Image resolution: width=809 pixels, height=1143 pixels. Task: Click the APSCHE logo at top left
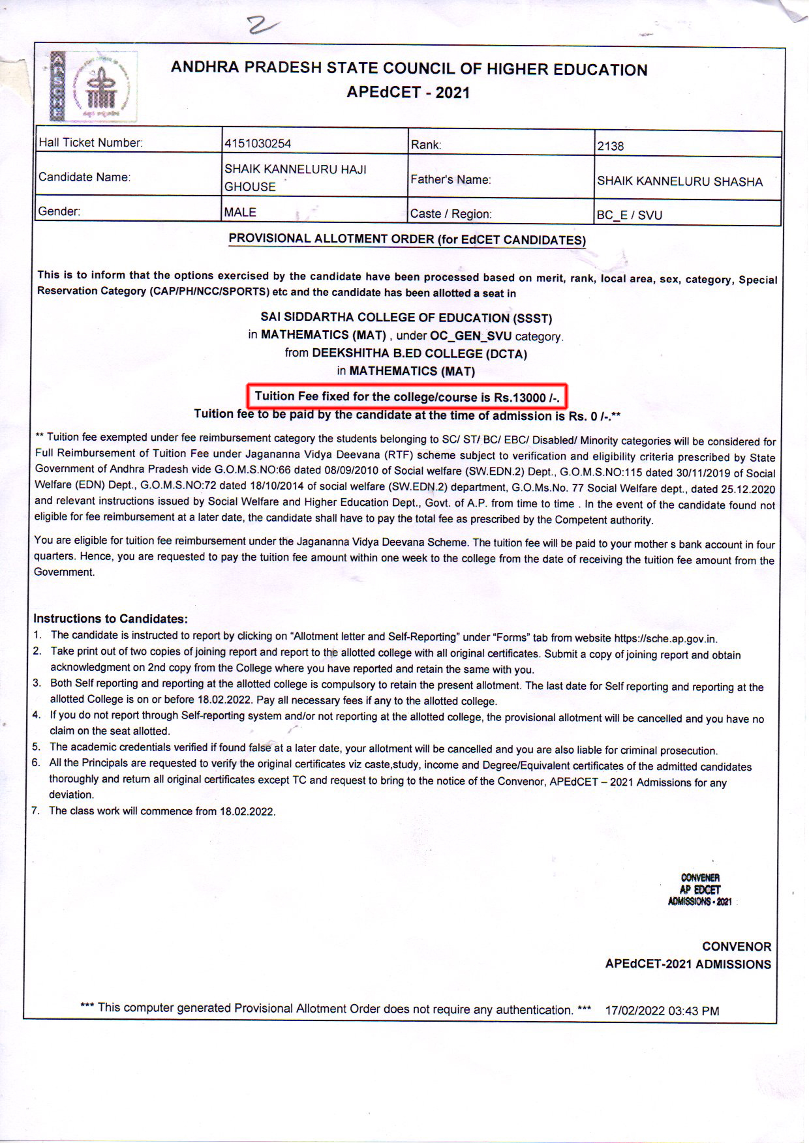coord(93,87)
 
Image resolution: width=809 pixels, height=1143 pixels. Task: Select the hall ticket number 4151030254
coord(258,143)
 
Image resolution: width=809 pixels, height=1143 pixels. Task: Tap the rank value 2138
coord(611,146)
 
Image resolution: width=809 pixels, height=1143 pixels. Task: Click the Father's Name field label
coord(450,180)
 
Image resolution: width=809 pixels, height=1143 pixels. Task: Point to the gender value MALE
coord(240,213)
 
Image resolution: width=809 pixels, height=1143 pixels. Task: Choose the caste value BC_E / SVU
coord(629,215)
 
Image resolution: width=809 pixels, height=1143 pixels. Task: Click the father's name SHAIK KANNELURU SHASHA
coord(679,181)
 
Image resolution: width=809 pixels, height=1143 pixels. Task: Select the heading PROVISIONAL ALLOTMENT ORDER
coord(407,239)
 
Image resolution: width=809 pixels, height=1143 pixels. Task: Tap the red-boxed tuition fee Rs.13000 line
coord(407,396)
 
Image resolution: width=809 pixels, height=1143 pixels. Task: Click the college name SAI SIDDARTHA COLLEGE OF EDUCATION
coord(406,318)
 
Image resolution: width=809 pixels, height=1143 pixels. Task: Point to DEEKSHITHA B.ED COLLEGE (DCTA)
coord(419,353)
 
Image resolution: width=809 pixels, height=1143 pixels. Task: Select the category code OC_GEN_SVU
coord(470,336)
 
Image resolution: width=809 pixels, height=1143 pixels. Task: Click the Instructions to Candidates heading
coord(110,619)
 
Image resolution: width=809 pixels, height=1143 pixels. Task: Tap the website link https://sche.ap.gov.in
coord(665,638)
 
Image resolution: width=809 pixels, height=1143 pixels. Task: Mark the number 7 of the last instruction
coord(35,810)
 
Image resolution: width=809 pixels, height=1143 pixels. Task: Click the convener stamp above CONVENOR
coord(699,889)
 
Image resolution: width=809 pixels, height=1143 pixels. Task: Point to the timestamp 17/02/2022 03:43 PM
coord(662,1011)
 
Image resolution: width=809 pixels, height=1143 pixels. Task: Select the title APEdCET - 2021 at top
coord(408,93)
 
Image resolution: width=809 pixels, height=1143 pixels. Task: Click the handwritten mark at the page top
coord(263,25)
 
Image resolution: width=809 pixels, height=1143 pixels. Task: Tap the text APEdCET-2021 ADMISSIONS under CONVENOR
coord(688,964)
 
